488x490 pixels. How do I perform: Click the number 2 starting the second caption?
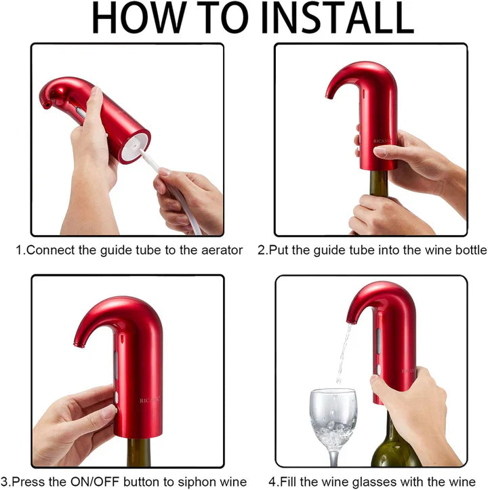point(261,250)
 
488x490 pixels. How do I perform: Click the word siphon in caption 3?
point(192,482)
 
